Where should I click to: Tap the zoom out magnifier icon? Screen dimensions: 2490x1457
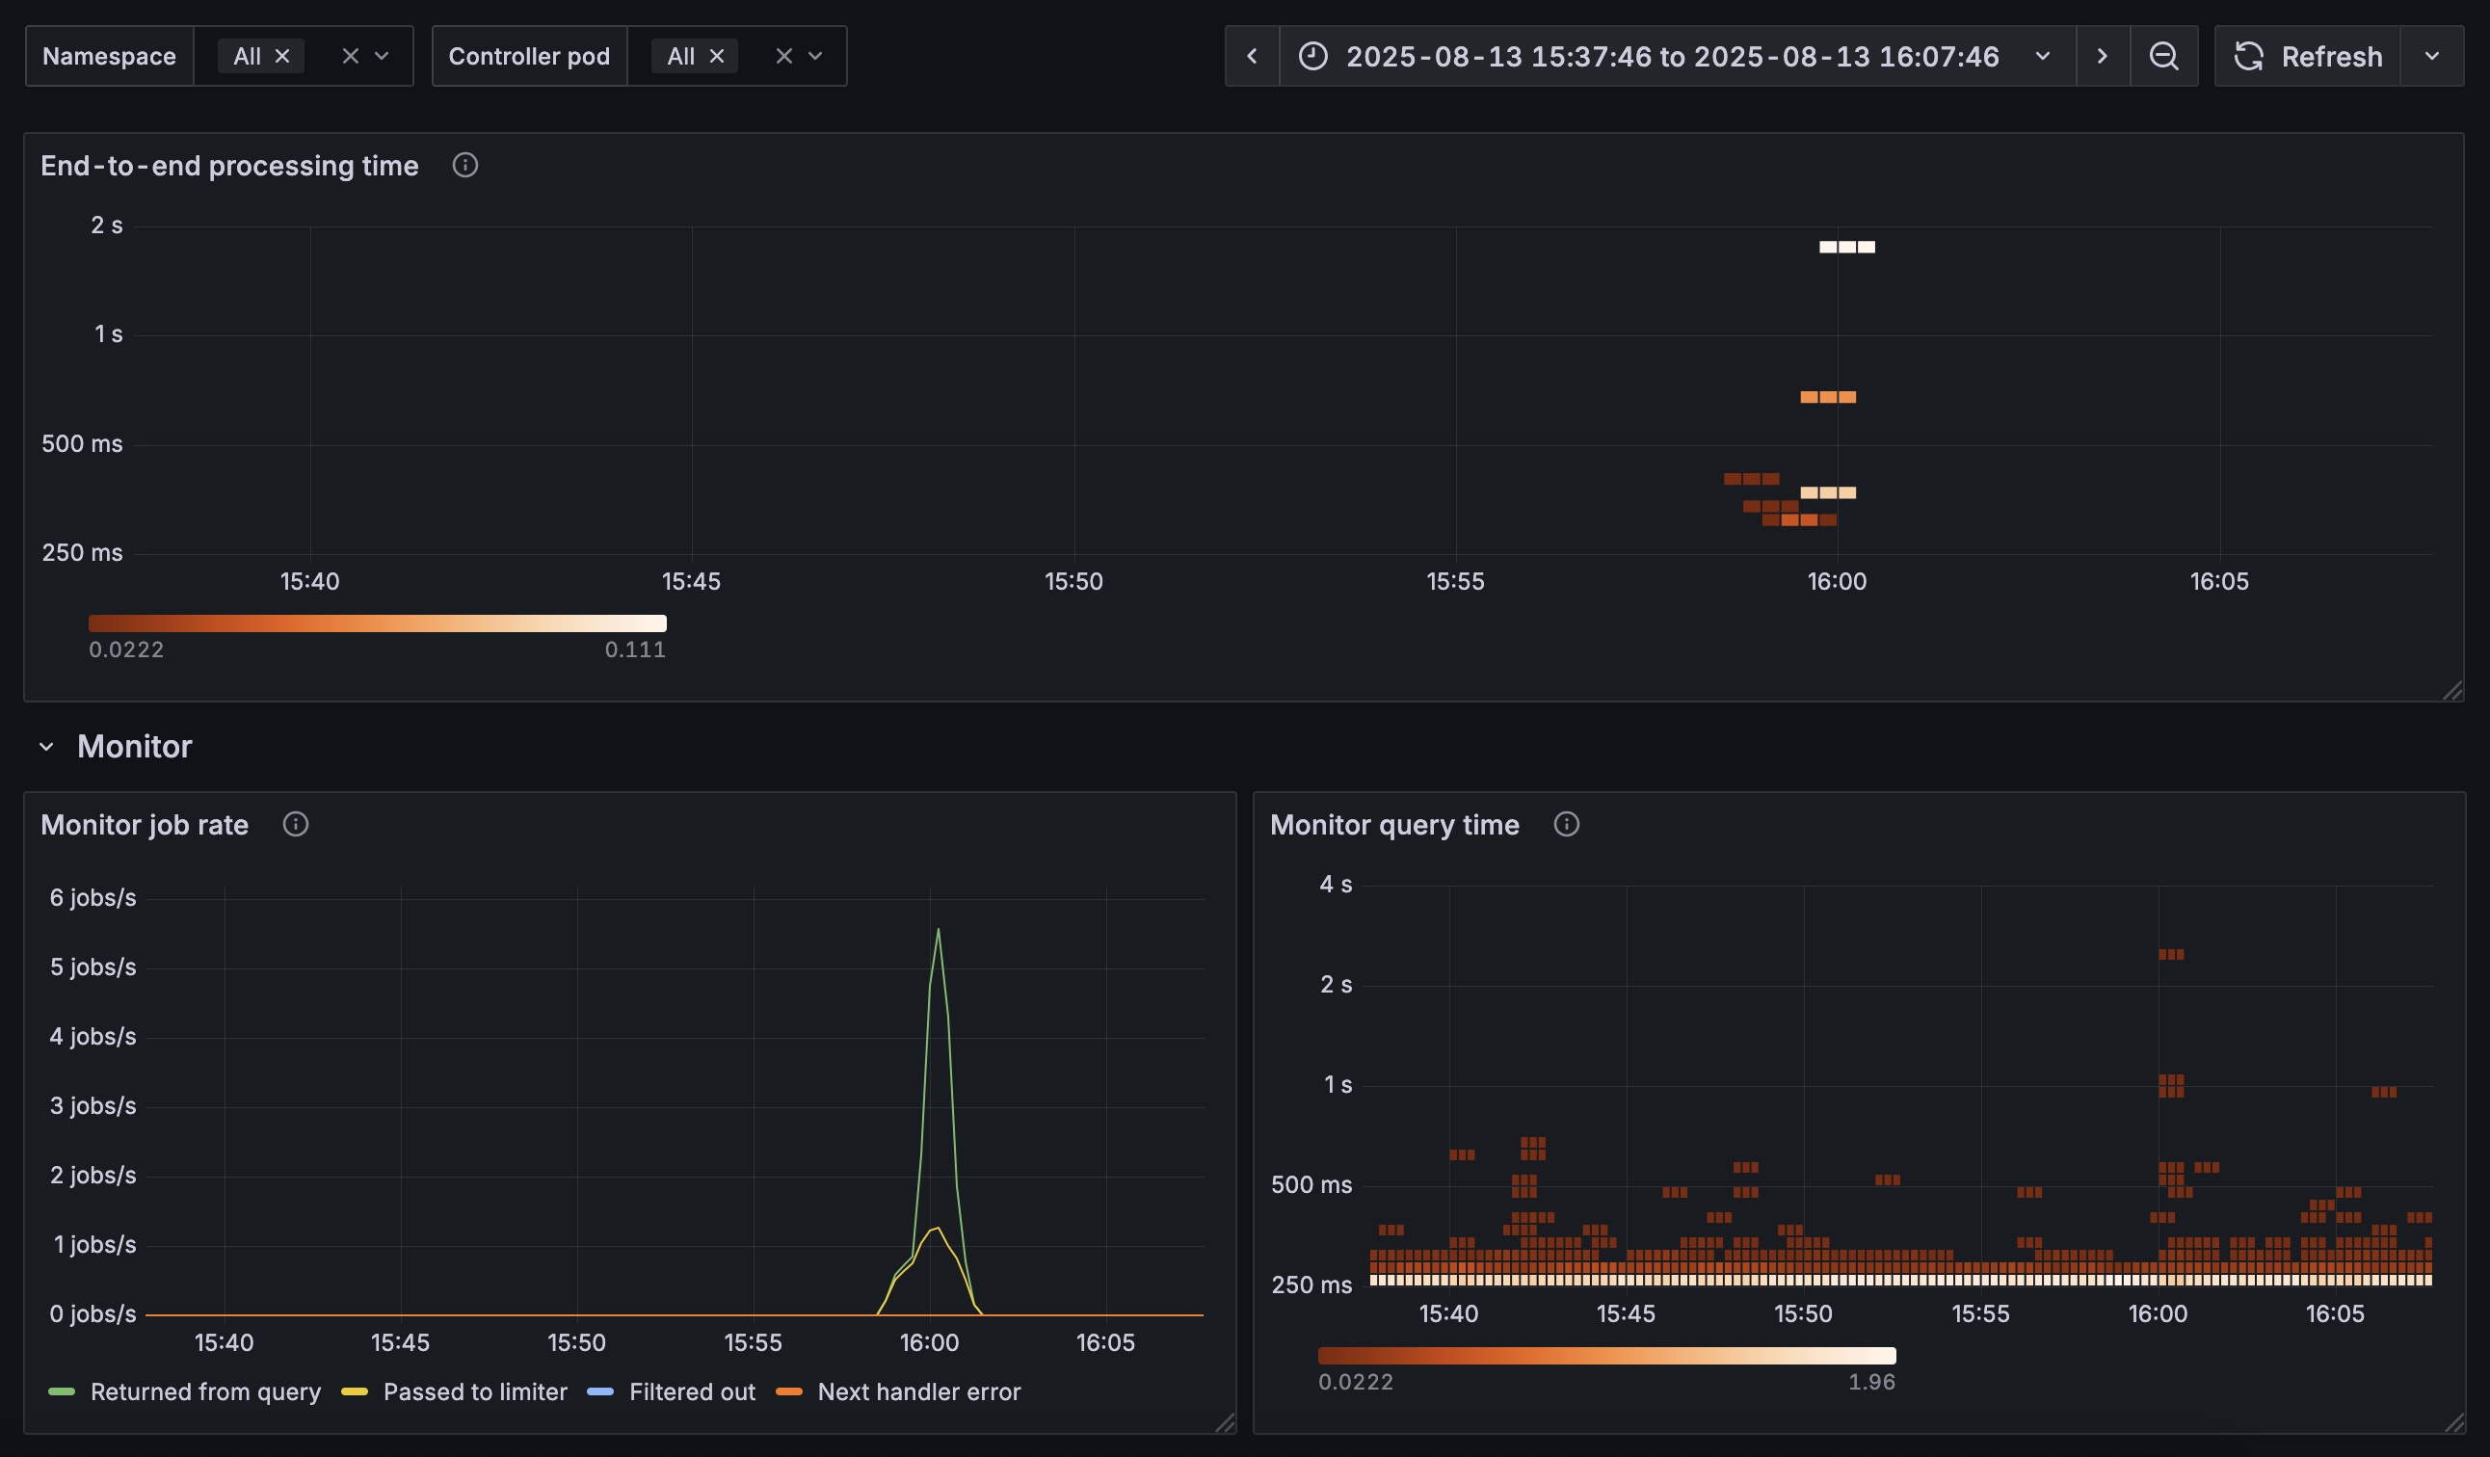[x=2164, y=56]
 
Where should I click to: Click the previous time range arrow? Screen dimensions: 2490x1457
[x=1252, y=56]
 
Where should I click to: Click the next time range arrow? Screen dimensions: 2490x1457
[x=2103, y=56]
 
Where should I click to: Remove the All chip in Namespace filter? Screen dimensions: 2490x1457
[x=282, y=56]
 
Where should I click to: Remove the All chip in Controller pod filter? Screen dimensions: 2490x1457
[x=717, y=56]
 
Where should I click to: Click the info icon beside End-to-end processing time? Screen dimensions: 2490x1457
[x=465, y=165]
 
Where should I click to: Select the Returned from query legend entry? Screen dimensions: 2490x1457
[x=185, y=1391]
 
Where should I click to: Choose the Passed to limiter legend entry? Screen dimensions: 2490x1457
[x=455, y=1391]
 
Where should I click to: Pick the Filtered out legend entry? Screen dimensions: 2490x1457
[x=672, y=1391]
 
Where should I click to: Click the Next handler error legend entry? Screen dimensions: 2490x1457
[x=899, y=1391]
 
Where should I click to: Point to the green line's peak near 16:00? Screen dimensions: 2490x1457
[x=938, y=929]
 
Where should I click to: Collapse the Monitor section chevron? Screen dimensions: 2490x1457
[x=46, y=747]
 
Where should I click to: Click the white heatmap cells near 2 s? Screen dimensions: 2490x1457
[x=1846, y=247]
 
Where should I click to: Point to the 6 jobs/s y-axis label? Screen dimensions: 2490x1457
[x=93, y=898]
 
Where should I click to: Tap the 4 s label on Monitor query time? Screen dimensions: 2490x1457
[x=1336, y=884]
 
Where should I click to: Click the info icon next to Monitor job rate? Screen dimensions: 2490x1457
[x=296, y=824]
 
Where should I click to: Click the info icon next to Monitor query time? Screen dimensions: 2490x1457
[x=1566, y=824]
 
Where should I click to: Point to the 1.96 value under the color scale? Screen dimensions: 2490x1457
[x=1871, y=1382]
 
